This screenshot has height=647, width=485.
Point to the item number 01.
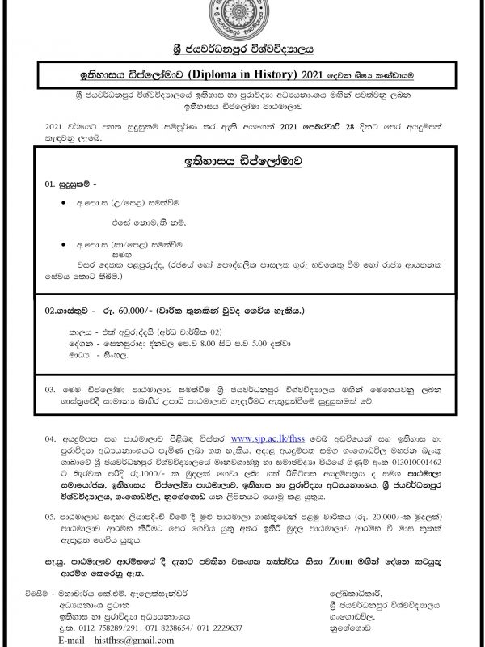point(51,184)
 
